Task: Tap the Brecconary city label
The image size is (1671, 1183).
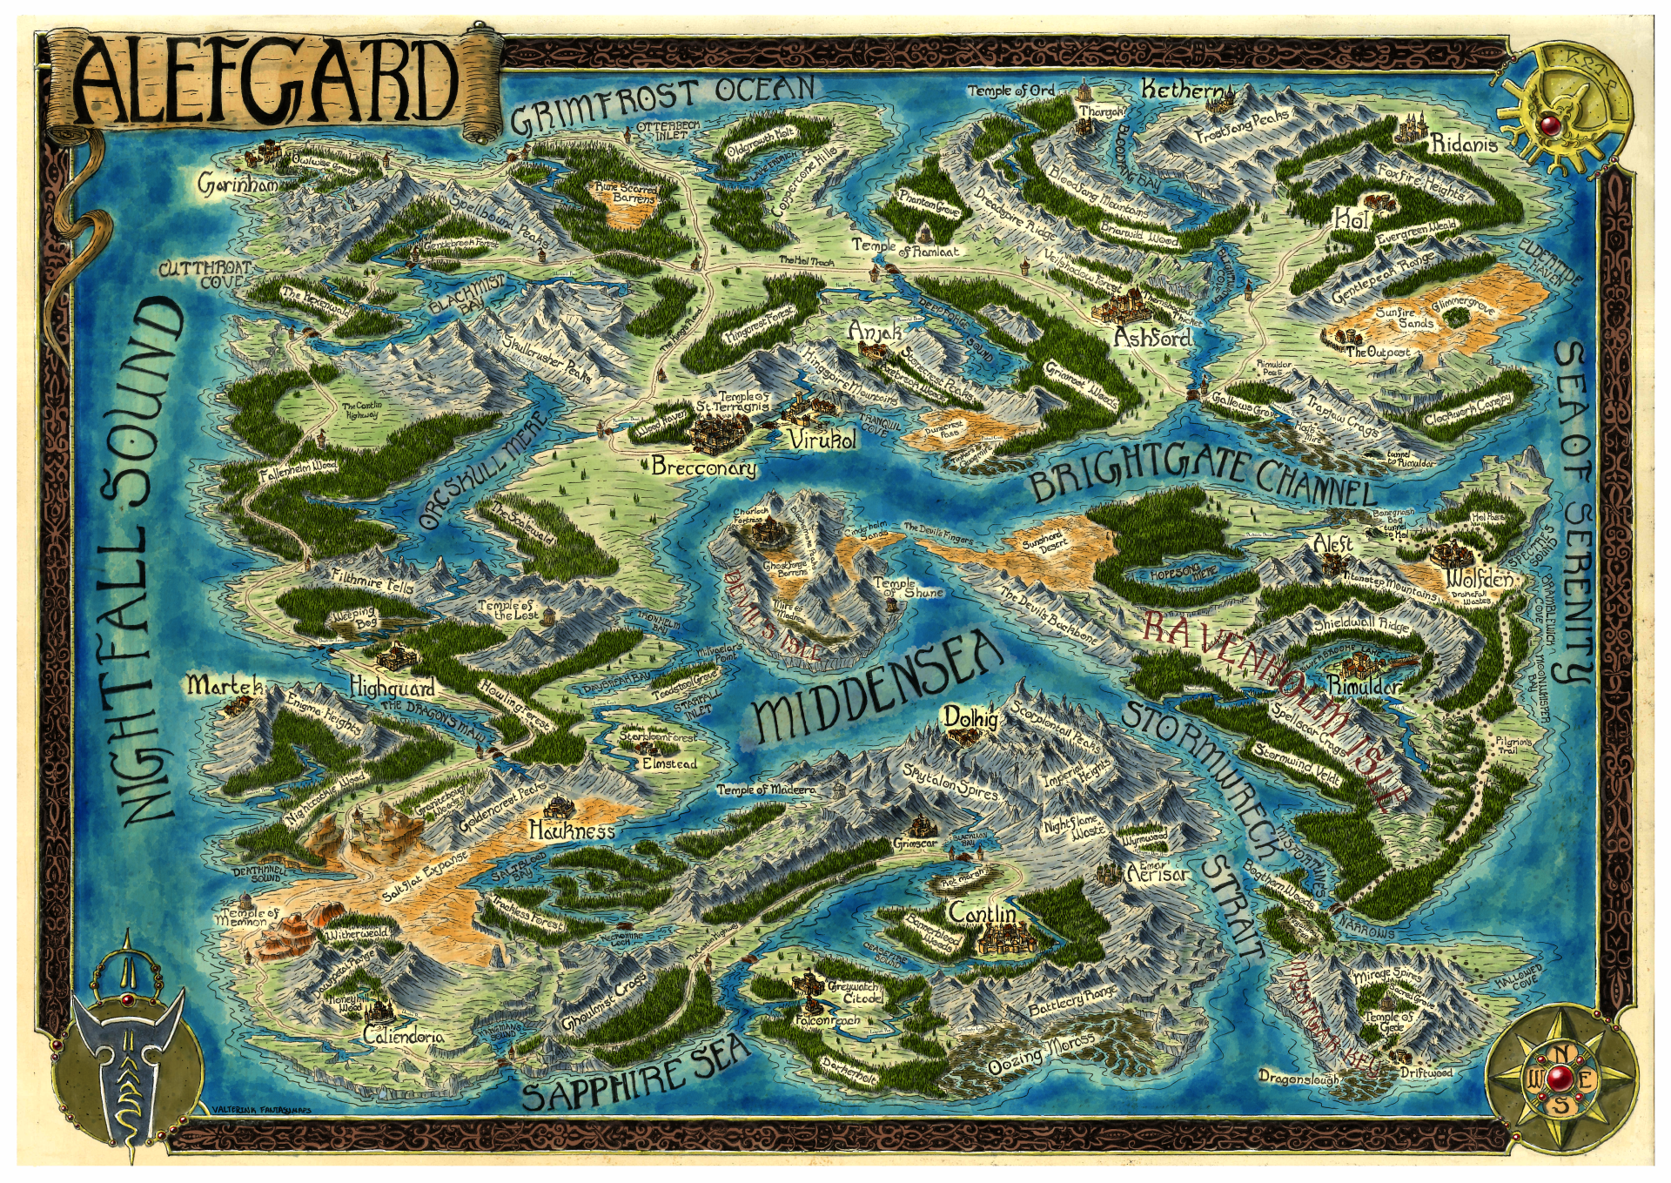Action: pos(703,468)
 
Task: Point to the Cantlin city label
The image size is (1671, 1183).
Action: pos(982,914)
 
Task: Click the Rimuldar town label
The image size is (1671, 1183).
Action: pos(1363,687)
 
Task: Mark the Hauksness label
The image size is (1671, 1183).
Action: pos(572,830)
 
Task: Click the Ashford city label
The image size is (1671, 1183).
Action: pos(1152,337)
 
